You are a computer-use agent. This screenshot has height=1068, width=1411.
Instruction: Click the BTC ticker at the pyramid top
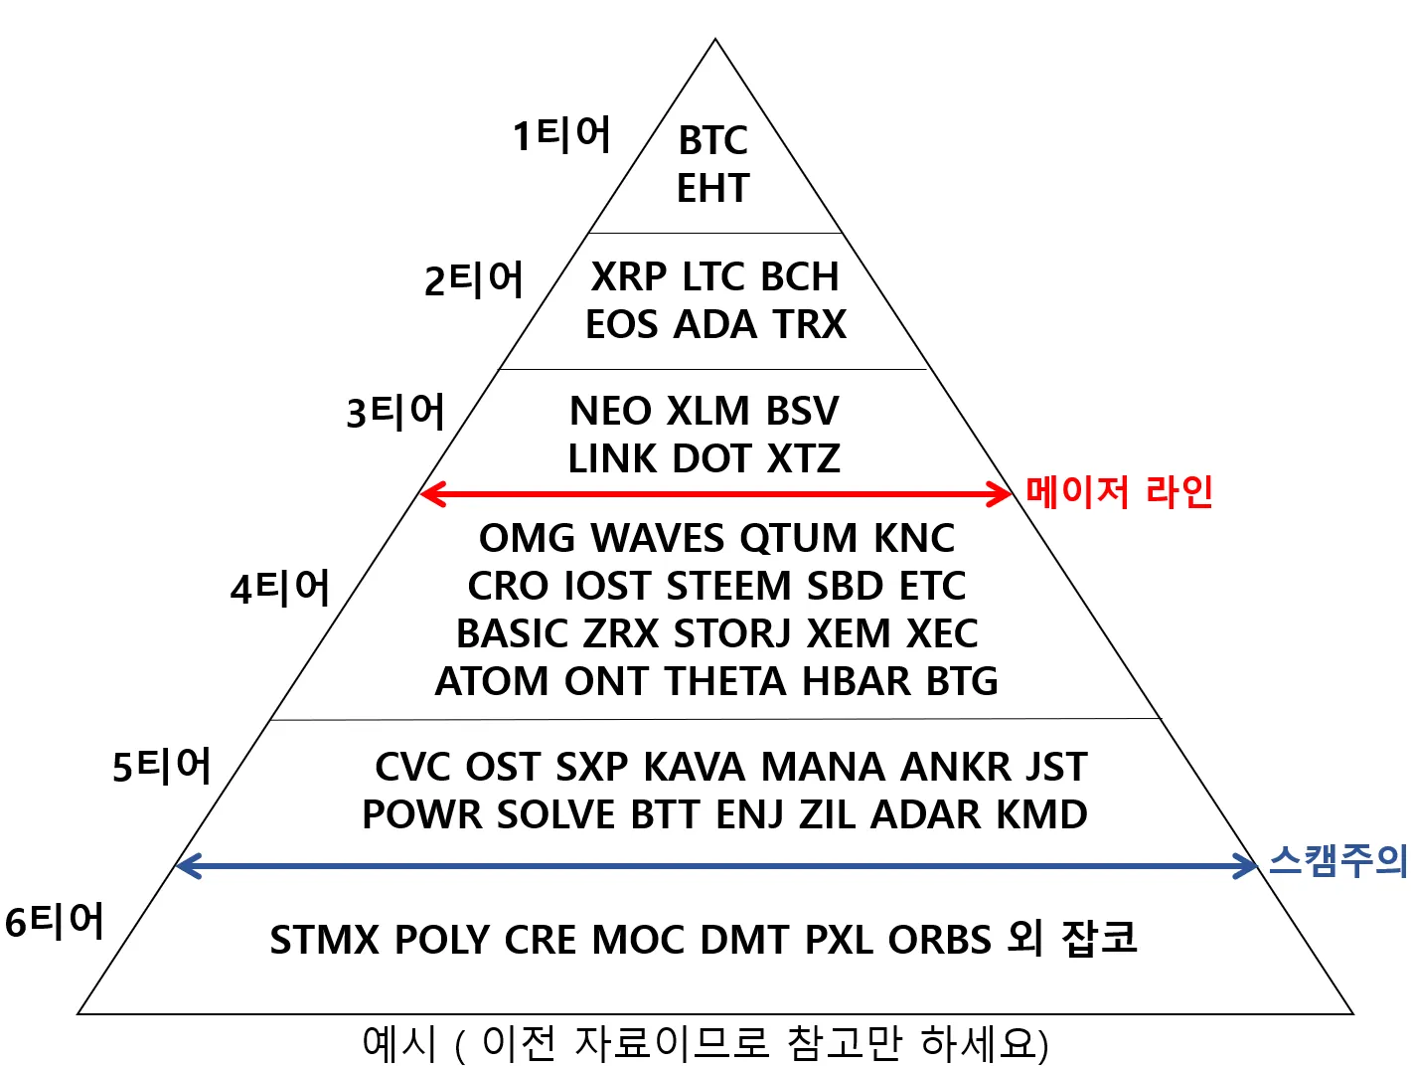click(x=712, y=141)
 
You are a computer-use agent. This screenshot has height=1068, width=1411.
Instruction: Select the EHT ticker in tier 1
click(x=712, y=188)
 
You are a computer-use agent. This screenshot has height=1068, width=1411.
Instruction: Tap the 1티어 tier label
click(x=561, y=134)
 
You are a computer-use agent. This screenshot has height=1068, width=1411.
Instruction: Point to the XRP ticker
click(x=628, y=276)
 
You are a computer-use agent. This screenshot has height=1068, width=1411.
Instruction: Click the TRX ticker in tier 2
click(x=810, y=324)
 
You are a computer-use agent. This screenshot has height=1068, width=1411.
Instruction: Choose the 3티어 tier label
click(x=395, y=411)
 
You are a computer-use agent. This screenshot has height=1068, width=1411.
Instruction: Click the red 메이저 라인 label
click(x=1119, y=491)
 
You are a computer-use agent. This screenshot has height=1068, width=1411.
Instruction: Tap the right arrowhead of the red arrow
click(x=1002, y=493)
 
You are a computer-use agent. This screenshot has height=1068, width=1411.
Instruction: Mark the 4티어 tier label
click(x=279, y=588)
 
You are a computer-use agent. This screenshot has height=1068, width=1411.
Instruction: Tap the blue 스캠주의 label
click(x=1337, y=860)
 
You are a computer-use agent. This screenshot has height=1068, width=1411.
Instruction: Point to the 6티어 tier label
click(x=55, y=921)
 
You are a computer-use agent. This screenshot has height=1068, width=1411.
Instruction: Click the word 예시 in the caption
click(x=399, y=1043)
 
